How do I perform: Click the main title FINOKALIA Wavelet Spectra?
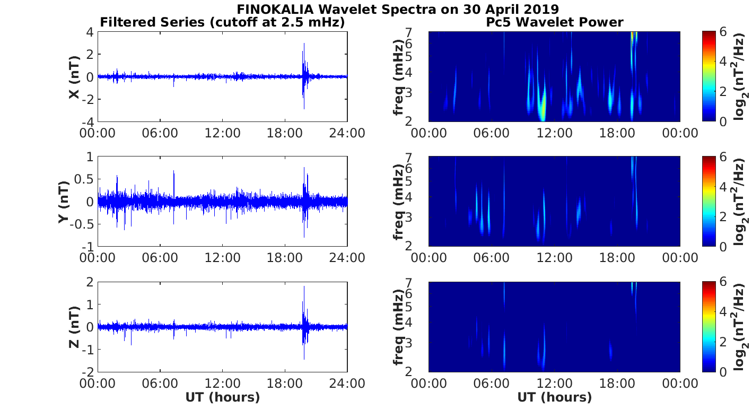pyautogui.click(x=397, y=10)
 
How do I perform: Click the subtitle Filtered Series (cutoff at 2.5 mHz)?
pyautogui.click(x=222, y=22)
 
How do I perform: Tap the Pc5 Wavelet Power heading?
pyautogui.click(x=554, y=22)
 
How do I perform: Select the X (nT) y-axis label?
pyautogui.click(x=74, y=77)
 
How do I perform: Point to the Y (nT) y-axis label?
pyautogui.click(x=64, y=202)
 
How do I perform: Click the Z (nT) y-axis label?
pyautogui.click(x=74, y=327)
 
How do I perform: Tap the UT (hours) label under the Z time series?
pyautogui.click(x=222, y=397)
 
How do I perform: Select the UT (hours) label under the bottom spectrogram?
pyautogui.click(x=554, y=397)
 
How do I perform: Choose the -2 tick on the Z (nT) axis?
pyautogui.click(x=88, y=371)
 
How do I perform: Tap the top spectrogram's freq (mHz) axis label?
pyautogui.click(x=398, y=77)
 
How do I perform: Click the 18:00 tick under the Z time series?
pyautogui.click(x=285, y=382)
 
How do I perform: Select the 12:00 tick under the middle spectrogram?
pyautogui.click(x=554, y=258)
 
